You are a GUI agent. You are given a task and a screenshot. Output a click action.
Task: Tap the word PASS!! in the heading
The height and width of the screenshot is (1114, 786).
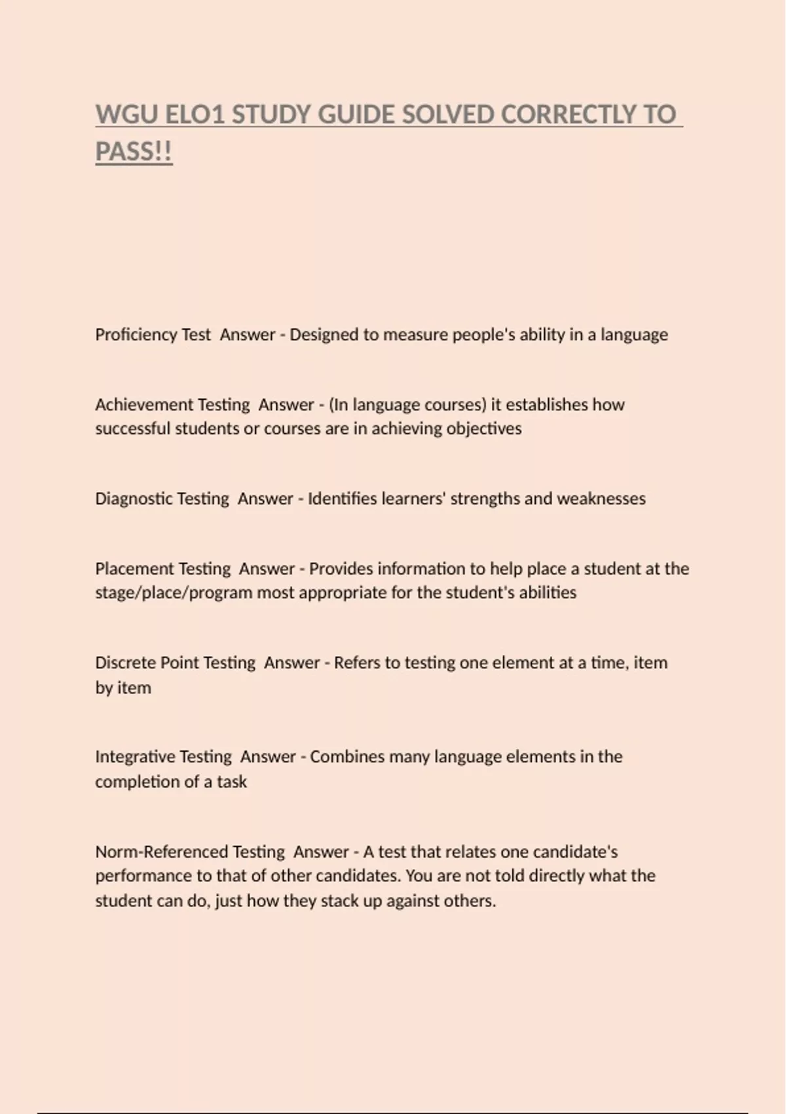coord(134,152)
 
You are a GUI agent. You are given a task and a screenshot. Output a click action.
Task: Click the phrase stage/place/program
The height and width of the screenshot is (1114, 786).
coord(173,593)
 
